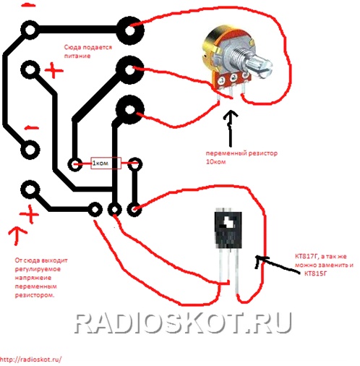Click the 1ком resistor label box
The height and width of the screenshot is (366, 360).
106,163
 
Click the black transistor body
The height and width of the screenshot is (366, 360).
228,230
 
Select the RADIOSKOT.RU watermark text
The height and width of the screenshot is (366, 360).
183,323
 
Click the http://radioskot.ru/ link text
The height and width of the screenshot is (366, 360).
30,359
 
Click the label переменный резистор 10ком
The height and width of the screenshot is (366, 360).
241,157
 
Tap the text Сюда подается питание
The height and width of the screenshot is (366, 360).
88,51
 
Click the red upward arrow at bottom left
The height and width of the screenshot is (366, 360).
17,236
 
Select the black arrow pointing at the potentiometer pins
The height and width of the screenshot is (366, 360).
231,128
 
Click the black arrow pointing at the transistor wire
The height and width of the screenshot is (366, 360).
277,264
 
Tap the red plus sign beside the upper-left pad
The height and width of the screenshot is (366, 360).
54,70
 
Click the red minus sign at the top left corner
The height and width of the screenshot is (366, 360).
28,6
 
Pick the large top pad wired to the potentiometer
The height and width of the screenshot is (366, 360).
130,30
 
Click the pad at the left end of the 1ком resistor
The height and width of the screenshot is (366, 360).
75,164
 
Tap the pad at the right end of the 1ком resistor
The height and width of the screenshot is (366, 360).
135,164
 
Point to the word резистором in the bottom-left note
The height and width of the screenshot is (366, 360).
35,295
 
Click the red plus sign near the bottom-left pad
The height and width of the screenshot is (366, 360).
29,214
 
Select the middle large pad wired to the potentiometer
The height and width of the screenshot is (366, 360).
130,70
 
